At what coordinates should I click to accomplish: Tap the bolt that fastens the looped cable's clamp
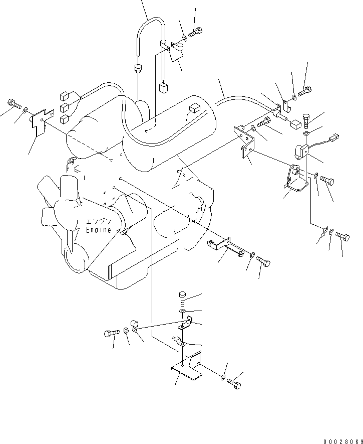coord(196,32)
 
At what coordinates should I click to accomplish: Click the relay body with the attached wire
coord(301,151)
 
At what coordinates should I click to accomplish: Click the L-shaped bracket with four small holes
coord(243,142)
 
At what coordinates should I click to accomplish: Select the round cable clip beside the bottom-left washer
coord(135,325)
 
